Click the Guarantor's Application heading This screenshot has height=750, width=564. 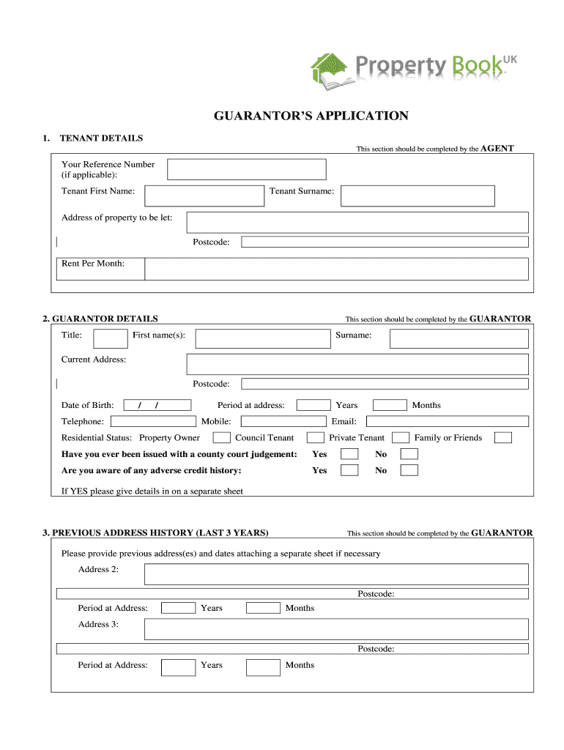pyautogui.click(x=311, y=116)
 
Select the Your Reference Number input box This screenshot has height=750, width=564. pyautogui.click(x=247, y=170)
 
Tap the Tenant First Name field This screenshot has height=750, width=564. pyautogui.click(x=204, y=196)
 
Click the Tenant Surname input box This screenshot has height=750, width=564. pyautogui.click(x=418, y=196)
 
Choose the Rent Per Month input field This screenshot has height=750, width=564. pyautogui.click(x=336, y=269)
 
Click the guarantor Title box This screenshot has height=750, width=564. pyautogui.click(x=111, y=338)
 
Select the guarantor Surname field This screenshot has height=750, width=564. pyautogui.click(x=459, y=338)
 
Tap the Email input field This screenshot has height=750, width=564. pyautogui.click(x=447, y=421)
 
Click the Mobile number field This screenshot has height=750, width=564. pyautogui.click(x=283, y=421)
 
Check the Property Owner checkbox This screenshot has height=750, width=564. pyautogui.click(x=221, y=438)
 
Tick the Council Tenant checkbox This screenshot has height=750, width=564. pyautogui.click(x=316, y=438)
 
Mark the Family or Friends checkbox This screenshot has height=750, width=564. pyautogui.click(x=503, y=438)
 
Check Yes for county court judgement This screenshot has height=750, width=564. pyautogui.click(x=350, y=454)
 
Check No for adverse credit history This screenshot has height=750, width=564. pyautogui.click(x=409, y=470)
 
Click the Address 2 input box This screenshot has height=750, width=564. pyautogui.click(x=336, y=574)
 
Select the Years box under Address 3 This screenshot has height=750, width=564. pyautogui.click(x=178, y=667)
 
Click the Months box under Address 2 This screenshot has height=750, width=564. pyautogui.click(x=263, y=608)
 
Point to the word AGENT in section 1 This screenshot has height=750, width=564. pyautogui.click(x=497, y=148)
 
